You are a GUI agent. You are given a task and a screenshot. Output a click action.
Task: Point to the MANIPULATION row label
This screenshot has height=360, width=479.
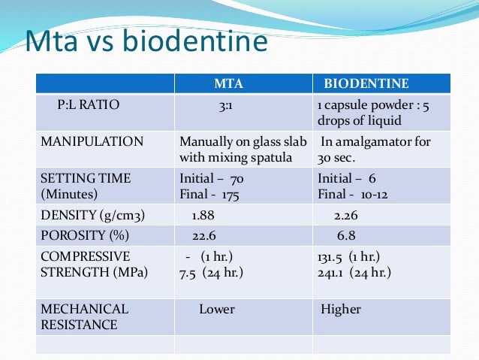92,141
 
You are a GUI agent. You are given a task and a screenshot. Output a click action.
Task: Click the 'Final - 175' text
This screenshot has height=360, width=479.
212,194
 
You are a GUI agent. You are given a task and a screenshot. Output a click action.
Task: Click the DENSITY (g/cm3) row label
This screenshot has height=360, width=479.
92,216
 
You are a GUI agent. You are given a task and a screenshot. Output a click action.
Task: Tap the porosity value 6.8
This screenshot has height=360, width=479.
346,236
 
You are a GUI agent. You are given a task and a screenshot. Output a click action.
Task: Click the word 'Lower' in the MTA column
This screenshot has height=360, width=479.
216,309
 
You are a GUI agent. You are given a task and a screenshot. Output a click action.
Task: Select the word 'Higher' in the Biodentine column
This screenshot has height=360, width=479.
341,309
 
